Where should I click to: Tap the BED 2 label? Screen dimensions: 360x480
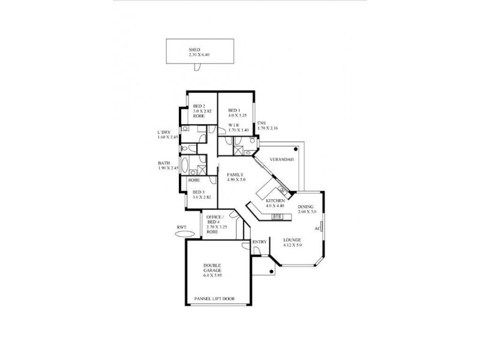(x=199, y=106)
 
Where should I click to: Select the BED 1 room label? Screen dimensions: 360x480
(x=235, y=111)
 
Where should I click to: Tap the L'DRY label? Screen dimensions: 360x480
(x=164, y=133)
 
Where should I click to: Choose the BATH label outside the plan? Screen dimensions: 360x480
(x=163, y=163)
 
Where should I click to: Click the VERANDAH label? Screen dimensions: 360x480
(x=281, y=160)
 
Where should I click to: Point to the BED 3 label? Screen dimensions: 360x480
(x=199, y=192)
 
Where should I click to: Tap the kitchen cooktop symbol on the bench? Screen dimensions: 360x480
(x=277, y=216)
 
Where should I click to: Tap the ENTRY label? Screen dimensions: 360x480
(x=259, y=242)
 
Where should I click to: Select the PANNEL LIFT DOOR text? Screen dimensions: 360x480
(x=215, y=298)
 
